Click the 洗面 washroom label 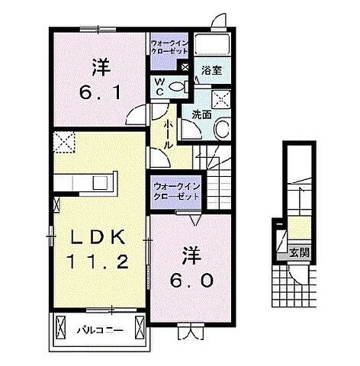coord(201,115)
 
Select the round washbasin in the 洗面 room coord(220,130)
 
